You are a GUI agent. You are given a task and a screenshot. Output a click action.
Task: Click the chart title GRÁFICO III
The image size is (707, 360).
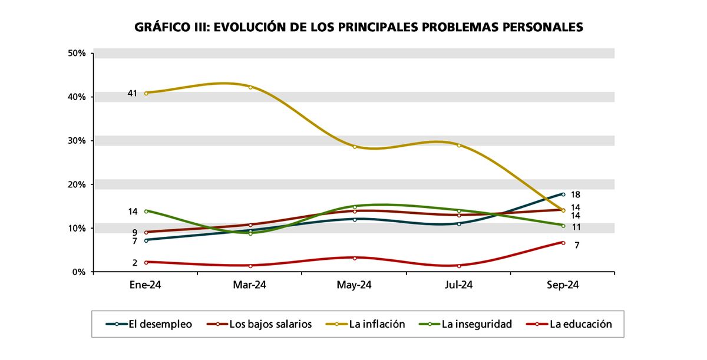358,27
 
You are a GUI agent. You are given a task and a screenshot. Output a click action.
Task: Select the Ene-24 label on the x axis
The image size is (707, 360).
146,285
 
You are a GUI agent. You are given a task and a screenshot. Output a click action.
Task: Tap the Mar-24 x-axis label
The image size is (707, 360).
250,285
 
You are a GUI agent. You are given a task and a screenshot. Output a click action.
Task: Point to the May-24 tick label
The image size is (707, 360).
354,285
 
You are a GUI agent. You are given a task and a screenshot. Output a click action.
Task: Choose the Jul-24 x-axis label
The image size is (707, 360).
458,285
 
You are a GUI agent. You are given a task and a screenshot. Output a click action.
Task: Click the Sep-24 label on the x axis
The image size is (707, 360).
563,285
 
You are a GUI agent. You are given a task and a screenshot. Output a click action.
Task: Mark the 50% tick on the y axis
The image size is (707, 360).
77,53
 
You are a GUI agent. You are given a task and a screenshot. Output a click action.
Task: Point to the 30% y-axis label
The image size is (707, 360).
77,141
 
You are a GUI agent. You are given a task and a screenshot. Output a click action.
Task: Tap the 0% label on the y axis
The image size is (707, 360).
80,272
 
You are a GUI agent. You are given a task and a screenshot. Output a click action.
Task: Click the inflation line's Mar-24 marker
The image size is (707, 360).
250,87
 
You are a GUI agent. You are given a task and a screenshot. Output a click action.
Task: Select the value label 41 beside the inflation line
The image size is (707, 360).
133,93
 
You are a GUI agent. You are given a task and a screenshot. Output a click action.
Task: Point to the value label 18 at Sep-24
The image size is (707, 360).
576,195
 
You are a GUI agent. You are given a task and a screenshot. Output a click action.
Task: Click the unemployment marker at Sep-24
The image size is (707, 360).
563,194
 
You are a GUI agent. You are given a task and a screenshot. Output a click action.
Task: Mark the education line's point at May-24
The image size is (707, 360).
354,258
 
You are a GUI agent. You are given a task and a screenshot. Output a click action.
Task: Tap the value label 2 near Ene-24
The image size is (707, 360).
135,263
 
